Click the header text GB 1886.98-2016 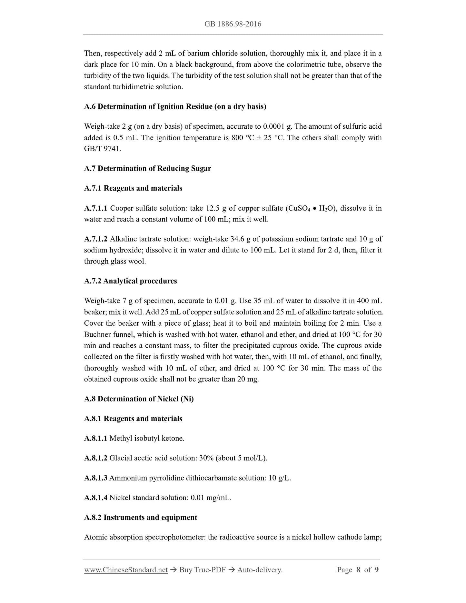coord(233,24)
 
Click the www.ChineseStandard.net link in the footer coord(126,570)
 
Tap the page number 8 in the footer coord(358,570)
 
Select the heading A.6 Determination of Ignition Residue coord(175,107)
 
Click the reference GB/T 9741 coord(103,149)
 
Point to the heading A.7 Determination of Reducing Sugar coord(147,168)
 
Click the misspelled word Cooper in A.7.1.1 coord(121,208)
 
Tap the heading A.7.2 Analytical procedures coord(130,281)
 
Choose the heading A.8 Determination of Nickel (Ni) coord(139,399)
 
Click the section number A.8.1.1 coord(95,438)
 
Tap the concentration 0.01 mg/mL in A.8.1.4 coord(211,498)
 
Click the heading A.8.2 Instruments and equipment coord(141,517)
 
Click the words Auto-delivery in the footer coord(260,570)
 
